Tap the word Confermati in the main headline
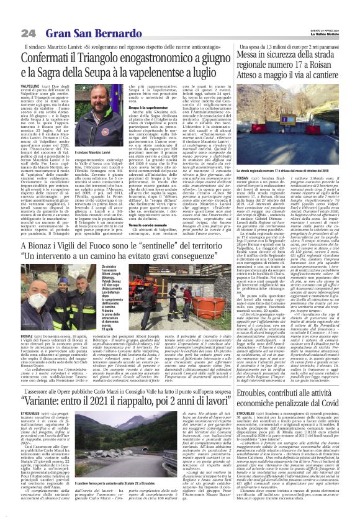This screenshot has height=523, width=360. (x=53, y=57)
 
